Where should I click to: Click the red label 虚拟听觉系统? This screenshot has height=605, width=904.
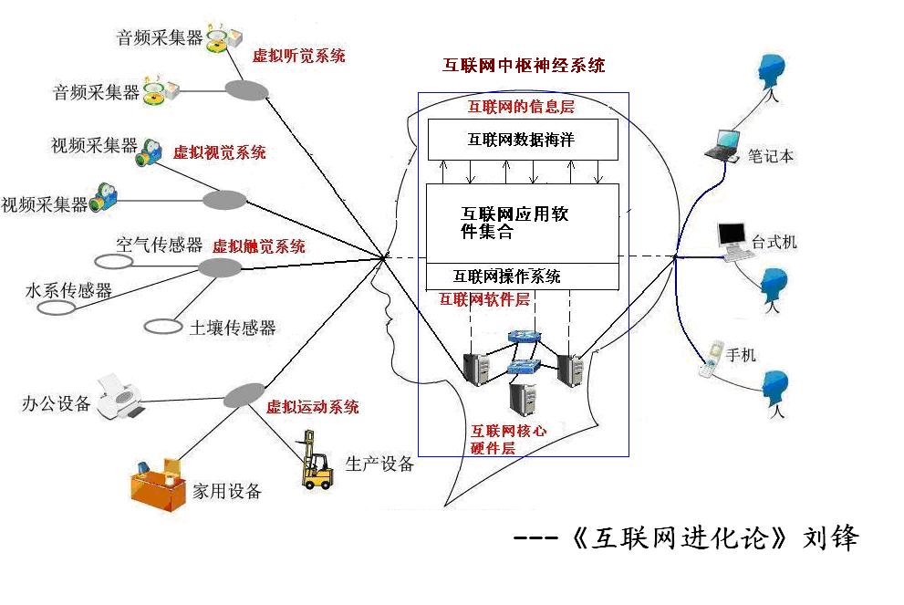299,56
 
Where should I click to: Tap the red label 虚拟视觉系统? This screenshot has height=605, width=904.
220,152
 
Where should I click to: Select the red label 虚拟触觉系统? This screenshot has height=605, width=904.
259,246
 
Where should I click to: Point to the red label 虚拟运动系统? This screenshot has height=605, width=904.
312,407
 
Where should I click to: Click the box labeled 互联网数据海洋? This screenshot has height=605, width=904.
522,141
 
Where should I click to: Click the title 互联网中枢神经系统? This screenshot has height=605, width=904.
524,66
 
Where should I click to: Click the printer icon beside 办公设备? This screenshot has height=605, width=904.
120,394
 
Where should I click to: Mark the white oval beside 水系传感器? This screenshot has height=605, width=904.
57,308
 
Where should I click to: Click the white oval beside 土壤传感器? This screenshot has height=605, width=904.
163,325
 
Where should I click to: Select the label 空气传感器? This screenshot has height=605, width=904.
159,245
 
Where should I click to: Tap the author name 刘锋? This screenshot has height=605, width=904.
830,537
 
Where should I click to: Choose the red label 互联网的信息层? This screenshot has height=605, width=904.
521,107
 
